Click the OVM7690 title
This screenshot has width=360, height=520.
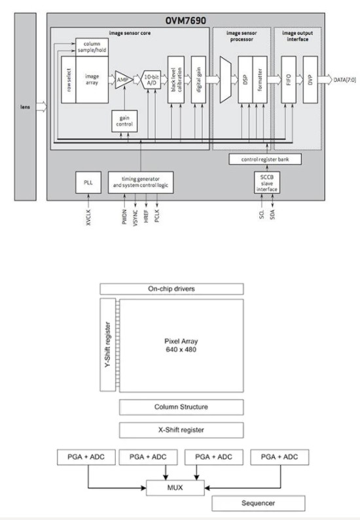pos(185,20)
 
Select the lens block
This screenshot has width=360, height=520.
pos(26,107)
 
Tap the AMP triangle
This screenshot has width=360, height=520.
pos(123,80)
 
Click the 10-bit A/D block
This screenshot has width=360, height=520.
pos(151,80)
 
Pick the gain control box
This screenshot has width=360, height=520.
pos(124,121)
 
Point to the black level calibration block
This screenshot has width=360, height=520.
pos(176,80)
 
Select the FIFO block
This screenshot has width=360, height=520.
pos(289,80)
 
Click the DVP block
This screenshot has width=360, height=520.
pos(310,80)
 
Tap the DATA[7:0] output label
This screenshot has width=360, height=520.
pos(345,80)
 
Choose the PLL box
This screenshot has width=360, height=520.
pos(88,182)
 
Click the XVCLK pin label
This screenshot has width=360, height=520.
pos(88,218)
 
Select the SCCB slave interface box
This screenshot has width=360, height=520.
pos(267,182)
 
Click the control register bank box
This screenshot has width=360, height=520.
pos(265,159)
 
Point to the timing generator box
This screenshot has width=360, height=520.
pos(141,182)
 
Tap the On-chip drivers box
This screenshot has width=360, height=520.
pos(171,289)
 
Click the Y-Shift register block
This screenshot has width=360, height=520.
pos(107,345)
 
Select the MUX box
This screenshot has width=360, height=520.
pos(175,487)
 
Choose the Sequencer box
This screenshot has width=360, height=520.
pos(259,503)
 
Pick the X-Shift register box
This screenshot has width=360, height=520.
pos(181,430)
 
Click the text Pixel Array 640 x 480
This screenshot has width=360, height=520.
pos(181,345)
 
